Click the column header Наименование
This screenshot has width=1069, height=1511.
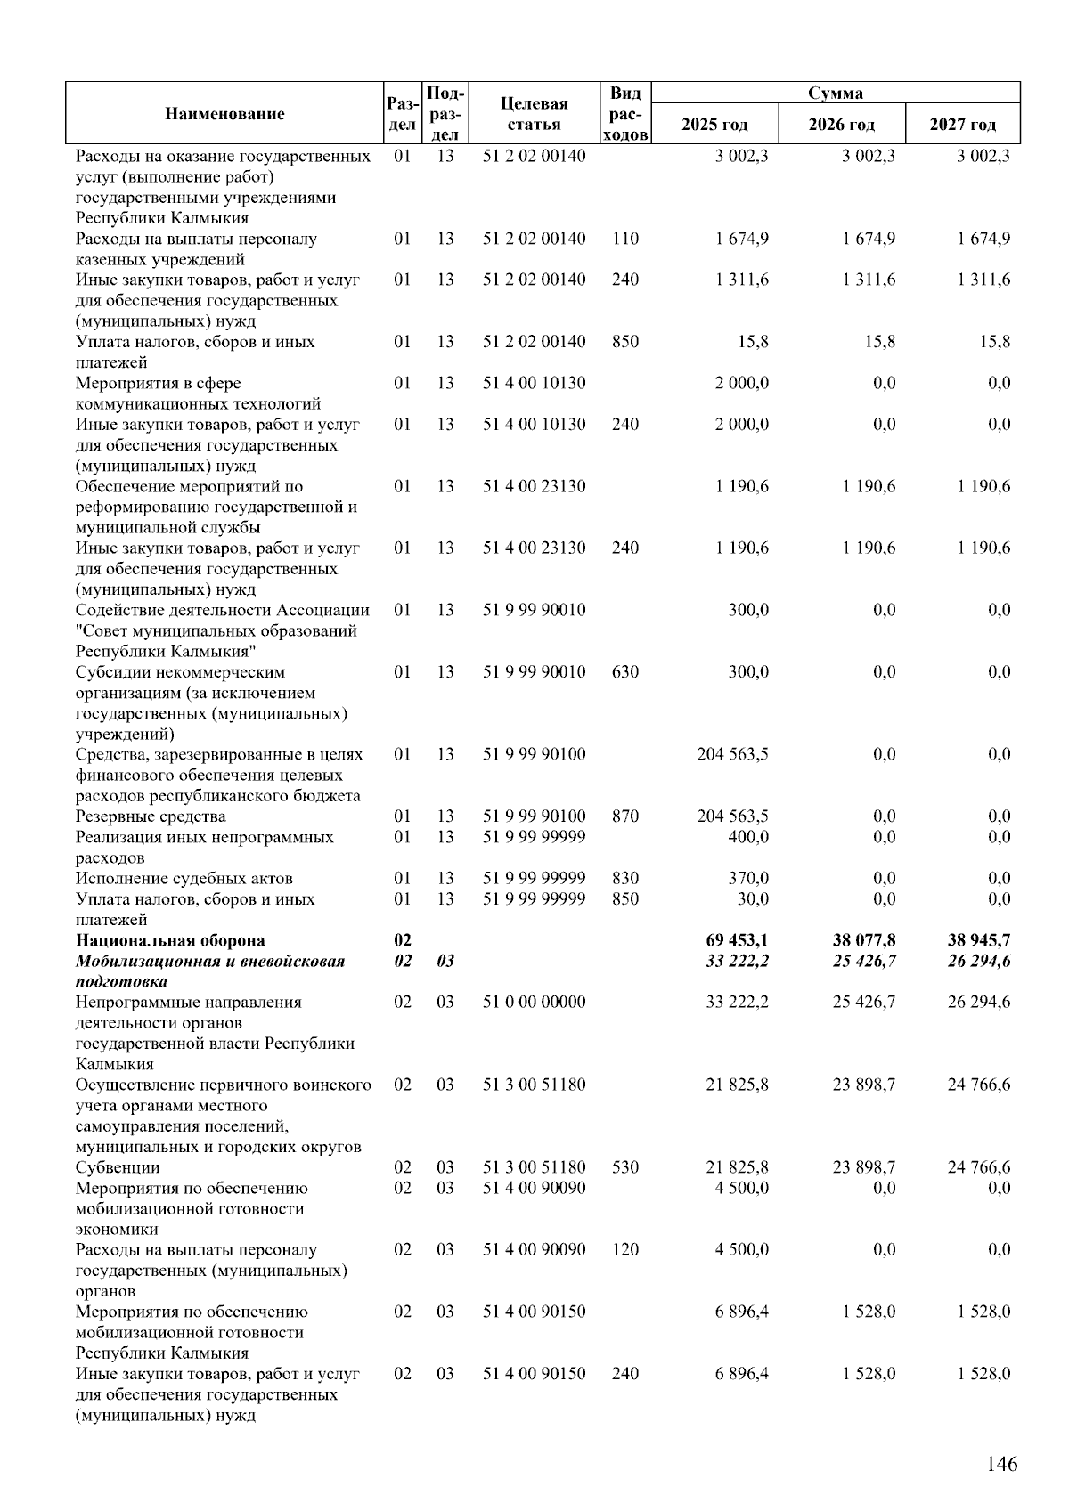point(224,114)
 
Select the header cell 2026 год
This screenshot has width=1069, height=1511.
point(841,125)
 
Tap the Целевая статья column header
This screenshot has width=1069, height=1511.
point(534,114)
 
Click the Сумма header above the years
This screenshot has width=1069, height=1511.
point(835,93)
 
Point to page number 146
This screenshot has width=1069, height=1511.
point(1001,1465)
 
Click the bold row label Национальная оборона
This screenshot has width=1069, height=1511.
point(170,940)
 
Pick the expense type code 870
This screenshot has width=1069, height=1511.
point(625,816)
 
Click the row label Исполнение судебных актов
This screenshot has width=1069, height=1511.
point(184,878)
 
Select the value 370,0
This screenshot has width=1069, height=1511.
point(748,878)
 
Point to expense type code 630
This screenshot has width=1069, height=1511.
point(625,672)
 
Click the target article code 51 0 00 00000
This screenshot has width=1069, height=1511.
point(534,1003)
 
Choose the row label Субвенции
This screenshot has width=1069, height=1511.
point(118,1167)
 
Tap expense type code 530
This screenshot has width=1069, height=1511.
point(625,1167)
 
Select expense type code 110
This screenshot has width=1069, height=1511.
point(625,239)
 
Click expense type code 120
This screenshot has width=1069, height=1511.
point(625,1250)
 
